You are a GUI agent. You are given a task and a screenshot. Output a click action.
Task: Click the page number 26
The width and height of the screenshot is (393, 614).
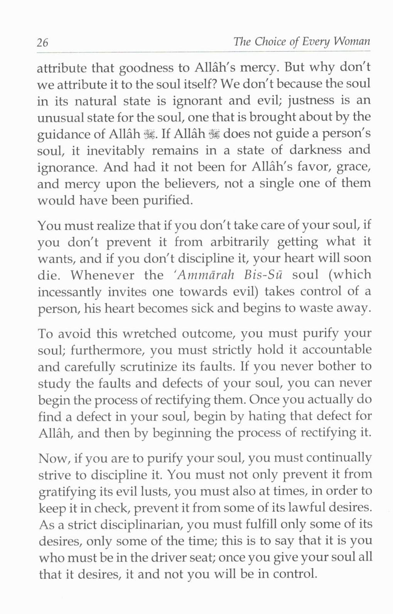43,42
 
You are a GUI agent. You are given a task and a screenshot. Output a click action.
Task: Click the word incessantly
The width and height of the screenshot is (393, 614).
69,292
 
